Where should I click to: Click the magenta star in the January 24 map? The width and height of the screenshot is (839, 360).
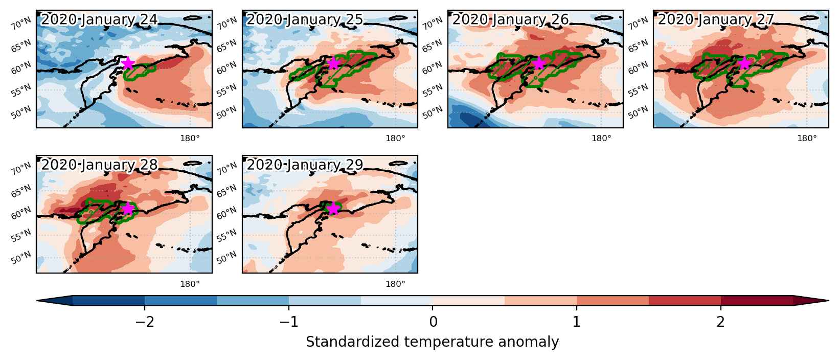click(128, 63)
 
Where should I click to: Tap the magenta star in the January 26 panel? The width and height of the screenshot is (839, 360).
click(539, 63)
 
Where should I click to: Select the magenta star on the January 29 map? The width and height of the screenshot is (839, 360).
click(333, 208)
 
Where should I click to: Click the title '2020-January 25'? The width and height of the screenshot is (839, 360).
click(305, 19)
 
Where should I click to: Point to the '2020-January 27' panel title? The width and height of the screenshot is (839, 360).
click(716, 19)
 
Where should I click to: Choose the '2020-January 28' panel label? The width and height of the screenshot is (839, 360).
click(99, 165)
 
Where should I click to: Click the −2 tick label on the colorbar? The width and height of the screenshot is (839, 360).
click(145, 322)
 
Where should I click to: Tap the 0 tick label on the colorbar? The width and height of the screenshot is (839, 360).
click(433, 322)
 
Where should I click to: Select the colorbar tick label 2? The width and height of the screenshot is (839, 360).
click(721, 322)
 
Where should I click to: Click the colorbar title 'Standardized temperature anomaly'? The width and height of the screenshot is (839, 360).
click(432, 342)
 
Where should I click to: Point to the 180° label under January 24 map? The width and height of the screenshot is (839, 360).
click(190, 139)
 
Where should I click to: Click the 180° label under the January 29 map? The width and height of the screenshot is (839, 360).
click(396, 284)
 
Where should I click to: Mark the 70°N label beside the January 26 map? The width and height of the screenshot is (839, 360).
click(432, 24)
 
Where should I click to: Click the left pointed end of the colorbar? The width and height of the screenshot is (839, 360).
click(37, 301)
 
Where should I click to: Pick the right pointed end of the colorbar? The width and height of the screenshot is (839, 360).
click(828, 301)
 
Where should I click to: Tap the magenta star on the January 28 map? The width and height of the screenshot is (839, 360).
click(128, 208)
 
